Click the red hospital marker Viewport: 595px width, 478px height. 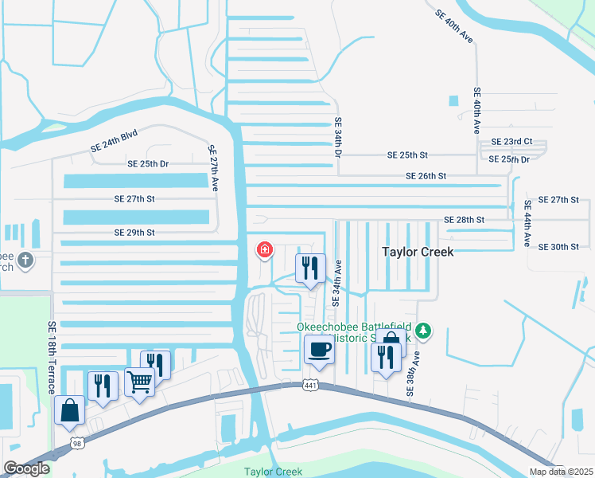(x=264, y=250)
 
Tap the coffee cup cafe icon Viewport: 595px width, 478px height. (x=319, y=349)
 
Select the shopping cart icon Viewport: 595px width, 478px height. (x=139, y=382)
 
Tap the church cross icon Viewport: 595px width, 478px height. (x=25, y=260)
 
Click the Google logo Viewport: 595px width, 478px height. (x=26, y=468)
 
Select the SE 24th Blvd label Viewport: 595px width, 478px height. (x=113, y=143)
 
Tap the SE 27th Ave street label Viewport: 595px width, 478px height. (x=212, y=167)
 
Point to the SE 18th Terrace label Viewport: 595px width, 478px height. (x=52, y=358)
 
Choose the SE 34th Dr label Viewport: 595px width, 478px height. (x=337, y=140)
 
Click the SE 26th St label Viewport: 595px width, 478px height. (x=426, y=176)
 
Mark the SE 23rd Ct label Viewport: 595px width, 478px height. (x=511, y=142)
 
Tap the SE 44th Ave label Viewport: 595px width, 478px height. (x=527, y=223)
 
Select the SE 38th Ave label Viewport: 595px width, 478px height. (x=412, y=370)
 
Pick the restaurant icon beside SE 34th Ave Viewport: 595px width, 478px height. (x=310, y=268)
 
